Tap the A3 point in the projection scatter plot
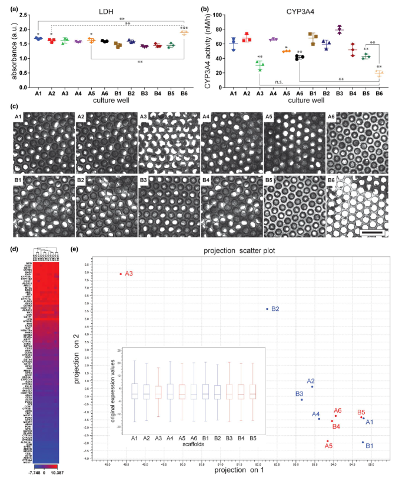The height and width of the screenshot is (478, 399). (x=121, y=273)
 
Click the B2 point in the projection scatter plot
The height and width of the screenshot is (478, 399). (x=267, y=309)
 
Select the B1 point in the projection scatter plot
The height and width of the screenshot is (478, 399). (x=363, y=442)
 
